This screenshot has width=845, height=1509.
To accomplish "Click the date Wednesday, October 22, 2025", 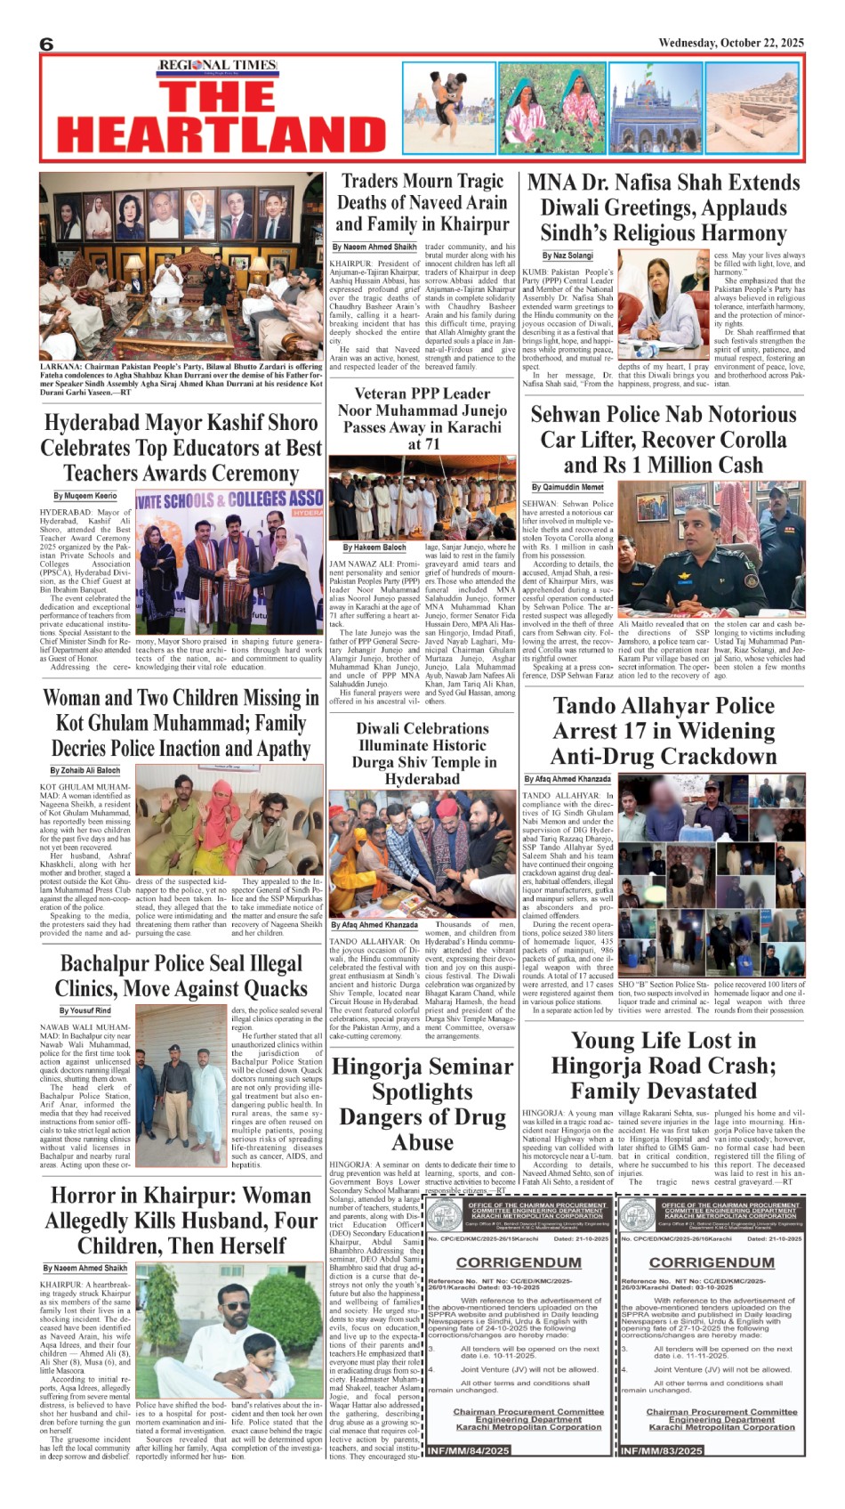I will [x=730, y=43].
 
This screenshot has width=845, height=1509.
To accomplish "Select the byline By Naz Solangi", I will [x=567, y=256].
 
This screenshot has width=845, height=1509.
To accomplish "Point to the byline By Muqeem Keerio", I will [x=84, y=496].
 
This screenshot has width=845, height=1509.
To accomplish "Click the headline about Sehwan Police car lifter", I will [x=663, y=440].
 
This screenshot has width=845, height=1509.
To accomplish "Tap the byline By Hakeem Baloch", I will [x=374, y=548].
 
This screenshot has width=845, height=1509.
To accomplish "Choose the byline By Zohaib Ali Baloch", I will [x=84, y=770].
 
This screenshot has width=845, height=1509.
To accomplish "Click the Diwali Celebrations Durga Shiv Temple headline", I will [x=422, y=753].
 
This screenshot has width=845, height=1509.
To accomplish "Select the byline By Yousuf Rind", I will [x=85, y=1010].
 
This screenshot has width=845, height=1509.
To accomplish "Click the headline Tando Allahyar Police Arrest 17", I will [x=663, y=731].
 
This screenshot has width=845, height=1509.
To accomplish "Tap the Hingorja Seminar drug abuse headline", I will [x=422, y=1104].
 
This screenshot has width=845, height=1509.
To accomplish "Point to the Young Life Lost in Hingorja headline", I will [x=663, y=1066].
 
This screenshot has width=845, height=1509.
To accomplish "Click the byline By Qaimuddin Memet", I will [x=567, y=487].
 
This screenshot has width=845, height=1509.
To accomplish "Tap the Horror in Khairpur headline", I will [x=181, y=1221].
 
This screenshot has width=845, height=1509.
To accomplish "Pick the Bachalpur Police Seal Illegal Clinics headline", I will [x=181, y=976].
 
